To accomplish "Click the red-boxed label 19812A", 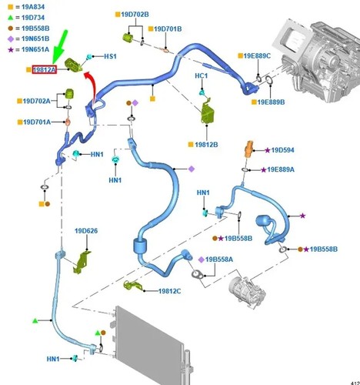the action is coord(44,69).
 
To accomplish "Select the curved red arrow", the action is coord(91,87).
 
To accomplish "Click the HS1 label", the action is coord(110,56).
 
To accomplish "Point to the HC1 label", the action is coord(202,76).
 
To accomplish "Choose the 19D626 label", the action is coord(86,231).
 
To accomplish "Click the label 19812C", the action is coord(169,291).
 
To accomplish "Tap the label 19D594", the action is coord(282,150).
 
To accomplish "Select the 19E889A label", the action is coord(281,169).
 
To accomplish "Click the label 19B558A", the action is coord(219,259).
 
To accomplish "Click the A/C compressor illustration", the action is coord(247,292).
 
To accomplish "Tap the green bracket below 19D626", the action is coord(82,262).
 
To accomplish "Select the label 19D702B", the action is coord(135,15).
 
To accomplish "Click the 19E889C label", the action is coord(257,56).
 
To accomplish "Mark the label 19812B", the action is coord(206,145).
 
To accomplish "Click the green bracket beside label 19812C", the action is coord(133,286).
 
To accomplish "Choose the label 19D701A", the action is coord(37,122).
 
